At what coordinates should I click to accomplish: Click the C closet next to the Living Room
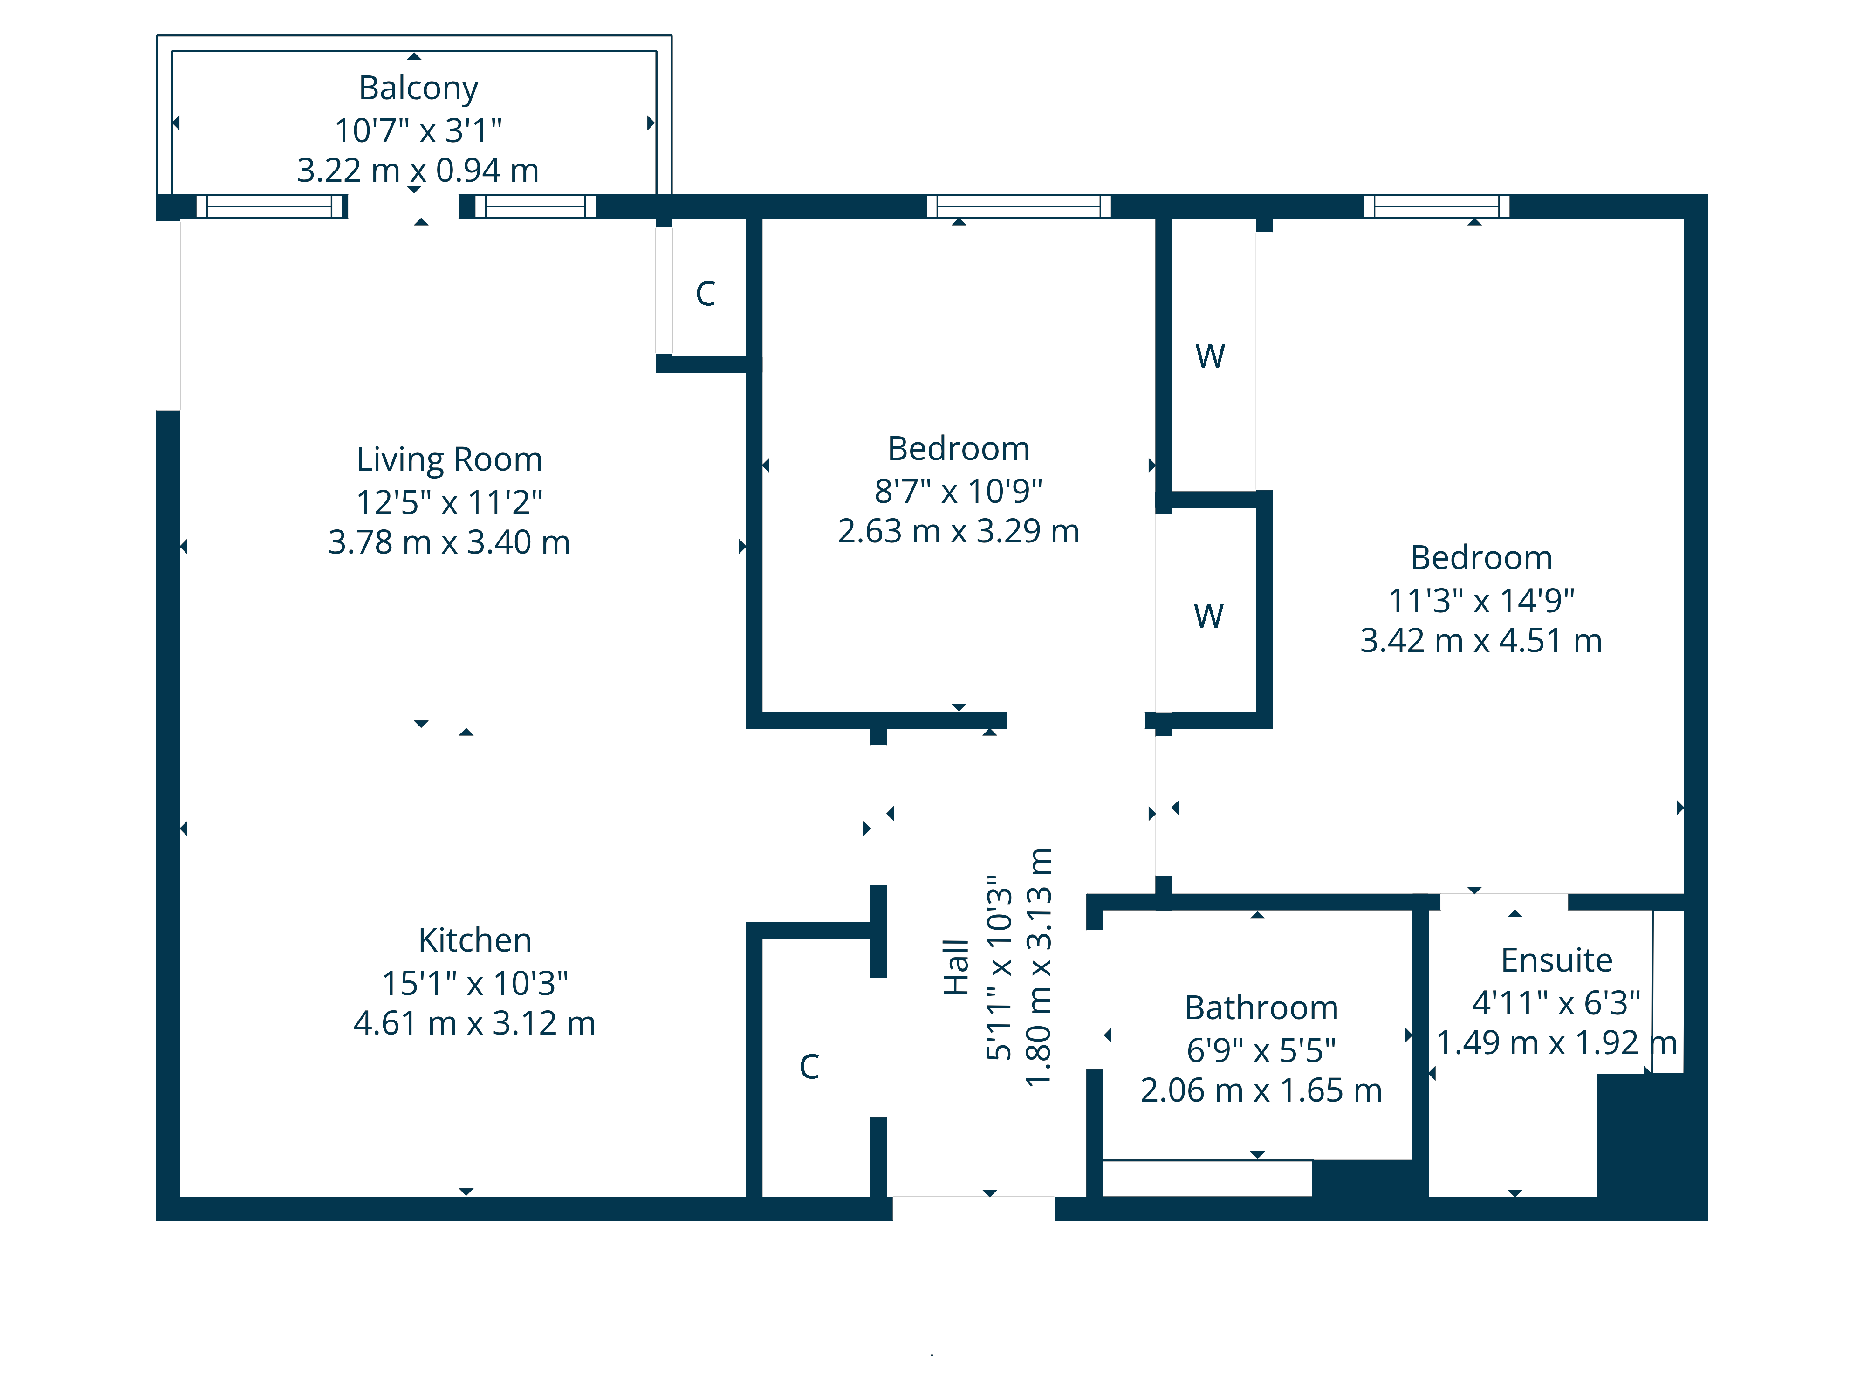(x=706, y=293)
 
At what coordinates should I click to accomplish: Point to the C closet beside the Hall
(x=809, y=1067)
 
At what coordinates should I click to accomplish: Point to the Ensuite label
(x=1556, y=960)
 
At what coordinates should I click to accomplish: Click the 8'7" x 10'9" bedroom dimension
(x=958, y=490)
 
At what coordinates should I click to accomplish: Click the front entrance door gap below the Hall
(x=973, y=1208)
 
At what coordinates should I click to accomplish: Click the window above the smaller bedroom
(x=1018, y=206)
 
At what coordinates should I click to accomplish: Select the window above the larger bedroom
(x=1436, y=206)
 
